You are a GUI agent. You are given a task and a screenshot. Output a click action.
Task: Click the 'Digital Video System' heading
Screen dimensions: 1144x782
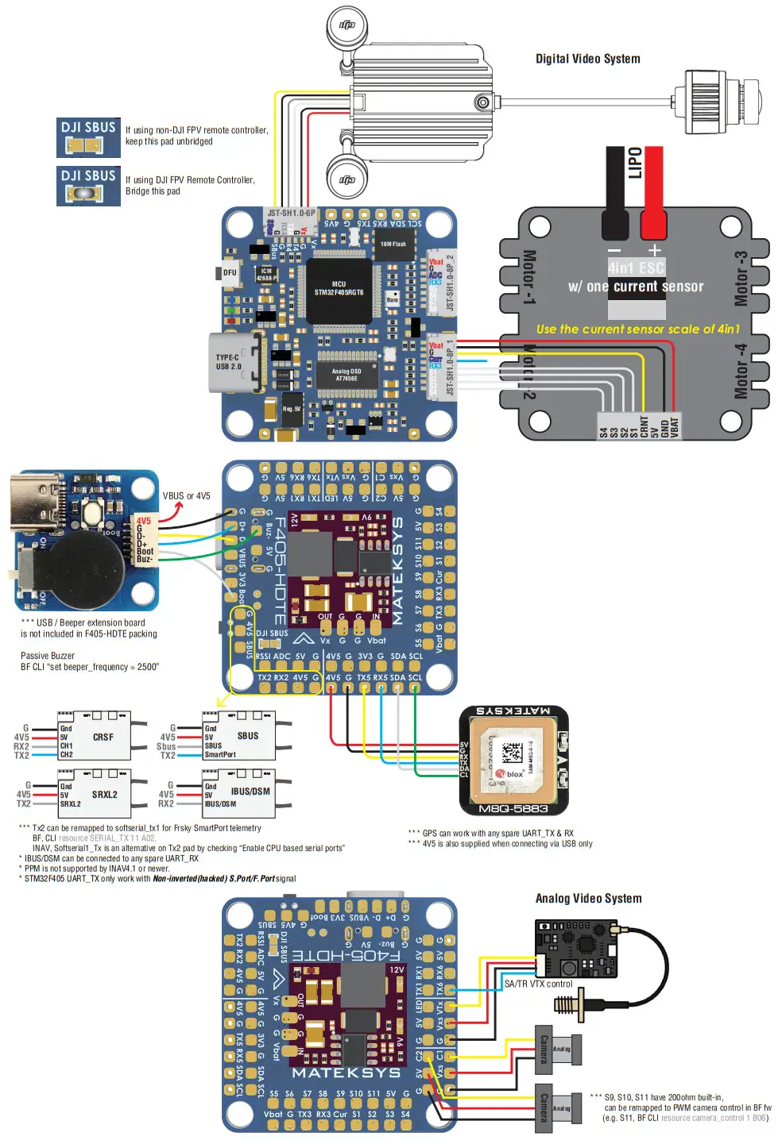pyautogui.click(x=587, y=59)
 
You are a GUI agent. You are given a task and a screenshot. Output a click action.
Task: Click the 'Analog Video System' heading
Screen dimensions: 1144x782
pyautogui.click(x=588, y=899)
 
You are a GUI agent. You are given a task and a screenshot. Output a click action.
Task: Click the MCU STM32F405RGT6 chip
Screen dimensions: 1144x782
pyautogui.click(x=339, y=288)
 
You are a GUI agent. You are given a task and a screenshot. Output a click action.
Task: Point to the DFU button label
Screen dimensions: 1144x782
pyautogui.click(x=229, y=272)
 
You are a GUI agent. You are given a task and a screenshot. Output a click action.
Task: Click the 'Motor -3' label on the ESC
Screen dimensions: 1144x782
pyautogui.click(x=741, y=279)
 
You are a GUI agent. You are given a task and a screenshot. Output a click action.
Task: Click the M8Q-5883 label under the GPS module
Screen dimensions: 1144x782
pyautogui.click(x=513, y=809)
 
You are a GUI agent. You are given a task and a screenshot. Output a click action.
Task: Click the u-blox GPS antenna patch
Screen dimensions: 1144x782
pyautogui.click(x=514, y=753)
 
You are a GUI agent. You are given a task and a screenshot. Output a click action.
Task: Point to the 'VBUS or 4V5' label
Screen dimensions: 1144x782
pyautogui.click(x=186, y=496)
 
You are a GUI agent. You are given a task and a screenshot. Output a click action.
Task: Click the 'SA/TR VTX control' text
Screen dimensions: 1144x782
pyautogui.click(x=538, y=984)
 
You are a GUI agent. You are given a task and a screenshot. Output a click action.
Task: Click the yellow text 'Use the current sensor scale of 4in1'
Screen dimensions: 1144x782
pyautogui.click(x=637, y=329)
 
